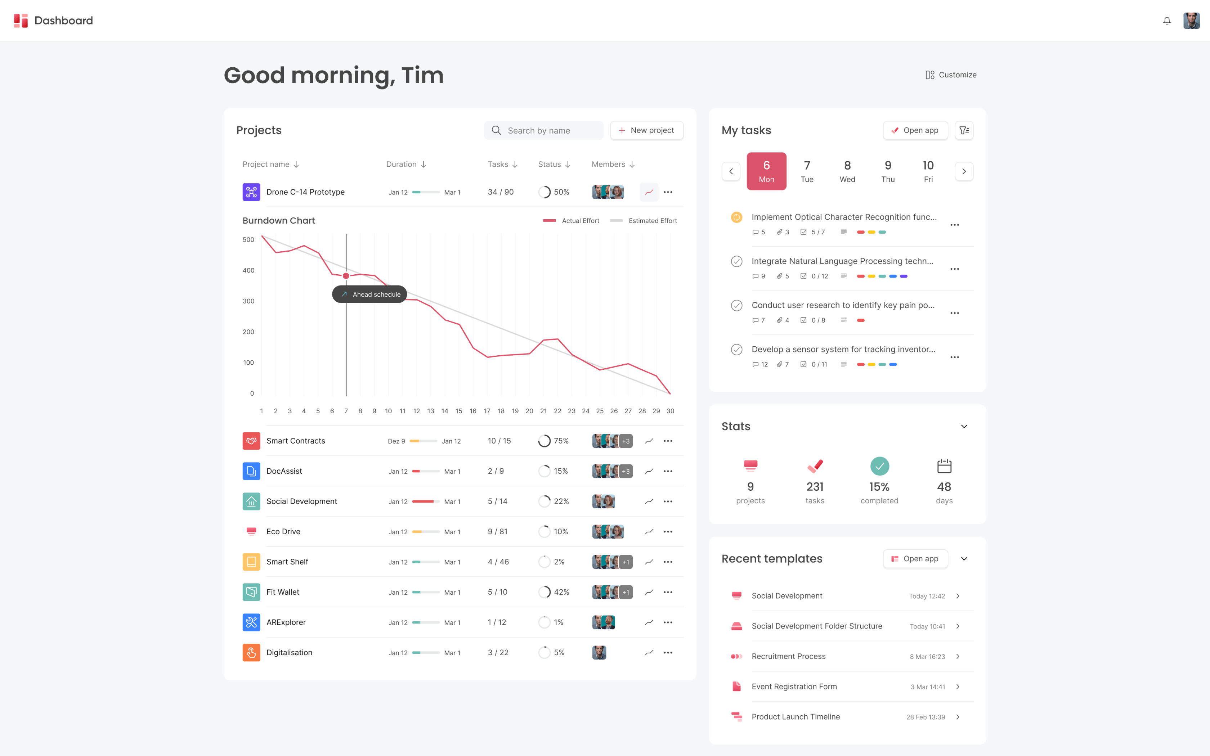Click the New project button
point(646,130)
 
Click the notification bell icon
point(1166,21)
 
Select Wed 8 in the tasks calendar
point(847,171)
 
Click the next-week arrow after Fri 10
point(964,171)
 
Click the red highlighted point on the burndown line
point(346,276)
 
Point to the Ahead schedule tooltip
point(369,294)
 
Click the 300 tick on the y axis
point(248,301)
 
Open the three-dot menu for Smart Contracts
point(668,441)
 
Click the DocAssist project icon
point(251,471)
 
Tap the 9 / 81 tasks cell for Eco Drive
point(497,531)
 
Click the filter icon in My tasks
point(964,130)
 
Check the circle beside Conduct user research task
point(736,306)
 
